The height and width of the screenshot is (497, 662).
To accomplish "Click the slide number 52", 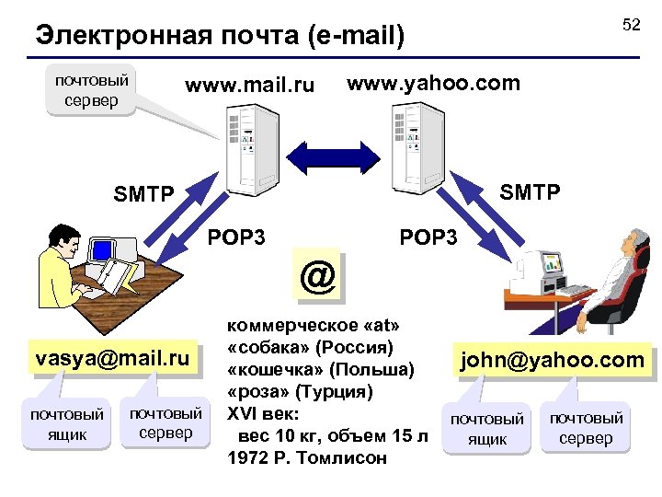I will (631, 25).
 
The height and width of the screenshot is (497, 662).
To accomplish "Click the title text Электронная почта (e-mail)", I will (220, 36).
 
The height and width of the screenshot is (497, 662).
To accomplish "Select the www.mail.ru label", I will (249, 87).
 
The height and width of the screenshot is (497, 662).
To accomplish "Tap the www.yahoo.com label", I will (433, 84).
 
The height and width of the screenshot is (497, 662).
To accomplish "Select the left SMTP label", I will (143, 194).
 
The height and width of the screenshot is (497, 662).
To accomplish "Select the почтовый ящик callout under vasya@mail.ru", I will (67, 423).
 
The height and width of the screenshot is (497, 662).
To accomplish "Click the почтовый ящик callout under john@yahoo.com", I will (486, 429).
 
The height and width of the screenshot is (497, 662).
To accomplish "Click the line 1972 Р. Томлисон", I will (307, 457).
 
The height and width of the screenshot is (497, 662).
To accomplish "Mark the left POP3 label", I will (236, 237).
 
